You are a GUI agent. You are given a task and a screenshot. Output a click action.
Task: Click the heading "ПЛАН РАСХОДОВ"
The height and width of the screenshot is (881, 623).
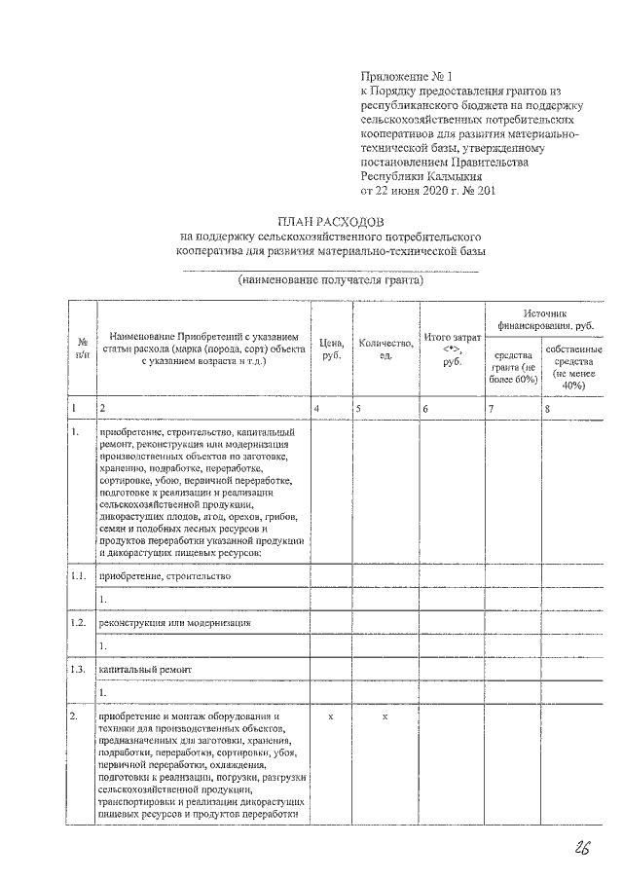coord(331,221)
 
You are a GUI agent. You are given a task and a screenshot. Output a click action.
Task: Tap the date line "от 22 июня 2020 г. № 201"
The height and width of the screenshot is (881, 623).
coord(427,192)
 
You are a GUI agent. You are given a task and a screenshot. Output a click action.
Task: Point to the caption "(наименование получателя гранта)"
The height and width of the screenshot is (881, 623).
coord(331,280)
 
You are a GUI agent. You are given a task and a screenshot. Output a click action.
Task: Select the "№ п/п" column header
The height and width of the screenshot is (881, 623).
coord(82,349)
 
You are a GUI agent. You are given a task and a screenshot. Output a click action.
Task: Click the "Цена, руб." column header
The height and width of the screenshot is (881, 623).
coord(331,349)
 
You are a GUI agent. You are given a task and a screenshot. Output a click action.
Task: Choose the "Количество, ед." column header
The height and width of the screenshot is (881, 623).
coord(385,349)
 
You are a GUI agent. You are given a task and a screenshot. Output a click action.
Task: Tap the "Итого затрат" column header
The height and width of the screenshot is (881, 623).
coord(452,349)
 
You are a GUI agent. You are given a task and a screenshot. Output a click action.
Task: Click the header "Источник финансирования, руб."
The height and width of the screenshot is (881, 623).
coord(544,320)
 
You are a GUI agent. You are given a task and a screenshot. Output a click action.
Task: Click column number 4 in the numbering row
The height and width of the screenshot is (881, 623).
coord(317,409)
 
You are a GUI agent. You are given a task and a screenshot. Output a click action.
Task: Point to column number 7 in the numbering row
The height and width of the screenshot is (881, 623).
coord(492,409)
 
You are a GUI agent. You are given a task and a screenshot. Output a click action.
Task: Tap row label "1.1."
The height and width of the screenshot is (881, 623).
coord(80,576)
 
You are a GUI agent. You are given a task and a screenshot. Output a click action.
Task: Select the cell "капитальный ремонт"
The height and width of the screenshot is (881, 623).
coord(136,670)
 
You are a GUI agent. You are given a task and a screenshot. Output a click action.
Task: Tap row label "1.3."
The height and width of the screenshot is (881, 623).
coord(80,670)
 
